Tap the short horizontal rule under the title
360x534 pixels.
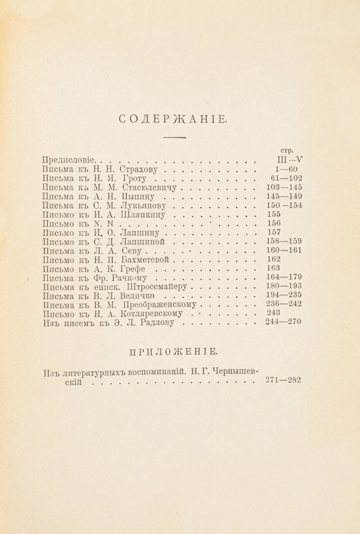pos(174,137)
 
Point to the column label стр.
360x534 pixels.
pos(286,150)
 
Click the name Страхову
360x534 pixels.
pos(139,169)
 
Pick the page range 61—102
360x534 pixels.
pos(286,178)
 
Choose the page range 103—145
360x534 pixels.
pos(284,187)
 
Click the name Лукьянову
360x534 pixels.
pos(144,206)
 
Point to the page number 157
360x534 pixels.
pos(274,232)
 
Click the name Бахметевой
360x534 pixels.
pos(146,260)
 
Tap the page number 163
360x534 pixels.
pos(274,268)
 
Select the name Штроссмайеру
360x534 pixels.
pos(158,287)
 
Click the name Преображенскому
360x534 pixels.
pos(159,305)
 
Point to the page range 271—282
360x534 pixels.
pos(283,379)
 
